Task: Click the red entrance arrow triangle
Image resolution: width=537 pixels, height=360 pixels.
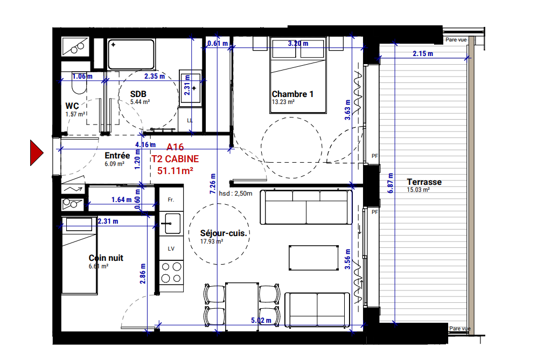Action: point(36,153)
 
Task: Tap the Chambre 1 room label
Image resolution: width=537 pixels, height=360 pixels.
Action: point(292,94)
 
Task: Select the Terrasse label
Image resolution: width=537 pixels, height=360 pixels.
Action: point(424,182)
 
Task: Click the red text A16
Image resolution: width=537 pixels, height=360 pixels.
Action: point(176,147)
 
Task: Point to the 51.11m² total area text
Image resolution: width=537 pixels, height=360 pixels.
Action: point(176,171)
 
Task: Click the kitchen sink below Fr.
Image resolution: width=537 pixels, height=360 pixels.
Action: point(172,223)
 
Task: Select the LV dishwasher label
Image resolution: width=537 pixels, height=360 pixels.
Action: point(171,249)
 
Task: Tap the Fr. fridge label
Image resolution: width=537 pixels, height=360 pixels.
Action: point(171,199)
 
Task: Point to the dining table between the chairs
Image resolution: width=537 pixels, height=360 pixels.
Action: point(241,303)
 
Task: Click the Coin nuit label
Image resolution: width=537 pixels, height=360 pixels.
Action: point(106,258)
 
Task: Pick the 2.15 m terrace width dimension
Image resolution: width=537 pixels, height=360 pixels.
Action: point(423,53)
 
